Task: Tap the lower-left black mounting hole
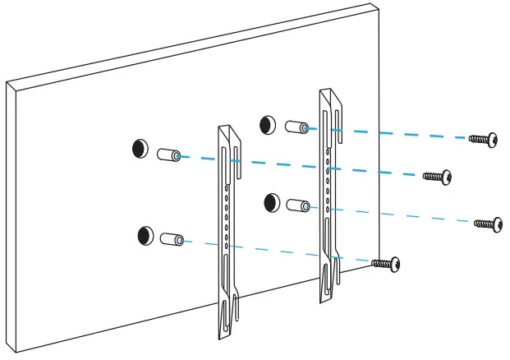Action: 146,236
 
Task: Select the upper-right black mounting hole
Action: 268,125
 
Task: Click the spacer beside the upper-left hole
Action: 170,155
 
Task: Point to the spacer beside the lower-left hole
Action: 173,240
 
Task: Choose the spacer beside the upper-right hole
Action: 297,128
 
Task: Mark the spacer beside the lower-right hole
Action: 300,205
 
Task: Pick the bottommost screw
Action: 385,264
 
